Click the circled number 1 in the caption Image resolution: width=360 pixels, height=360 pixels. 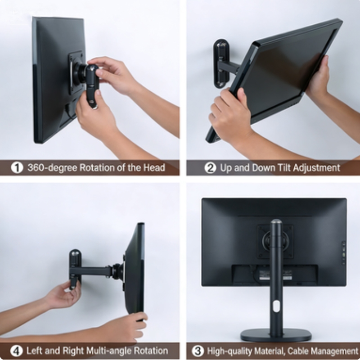tap(17, 167)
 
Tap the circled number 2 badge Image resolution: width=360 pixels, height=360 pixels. tap(210, 167)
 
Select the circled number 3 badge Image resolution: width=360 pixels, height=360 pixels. tap(198, 351)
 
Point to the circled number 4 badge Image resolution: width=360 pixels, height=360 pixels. tap(17, 351)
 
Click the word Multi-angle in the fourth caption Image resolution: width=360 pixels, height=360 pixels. tap(109, 351)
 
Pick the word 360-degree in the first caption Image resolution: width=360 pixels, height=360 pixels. tap(52, 167)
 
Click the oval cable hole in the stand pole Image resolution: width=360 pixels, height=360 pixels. tap(276, 306)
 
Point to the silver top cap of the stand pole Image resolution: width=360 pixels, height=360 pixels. tap(276, 221)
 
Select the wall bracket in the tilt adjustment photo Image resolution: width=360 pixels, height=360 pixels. tap(221, 63)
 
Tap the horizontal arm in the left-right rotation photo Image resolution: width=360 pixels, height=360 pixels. tap(94, 271)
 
